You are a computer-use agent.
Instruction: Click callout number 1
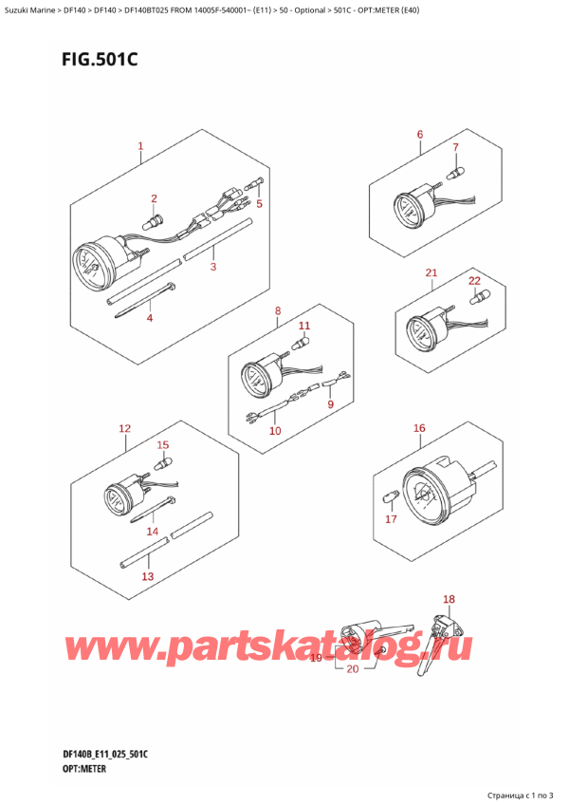click(140, 146)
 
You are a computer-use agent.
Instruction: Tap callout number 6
click(419, 135)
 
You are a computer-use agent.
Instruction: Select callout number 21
click(431, 273)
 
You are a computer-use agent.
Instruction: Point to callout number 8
click(278, 310)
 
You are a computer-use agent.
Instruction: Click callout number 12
click(124, 429)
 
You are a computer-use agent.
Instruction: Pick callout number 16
click(419, 428)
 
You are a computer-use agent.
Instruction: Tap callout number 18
click(450, 599)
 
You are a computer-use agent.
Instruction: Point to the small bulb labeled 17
click(387, 496)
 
